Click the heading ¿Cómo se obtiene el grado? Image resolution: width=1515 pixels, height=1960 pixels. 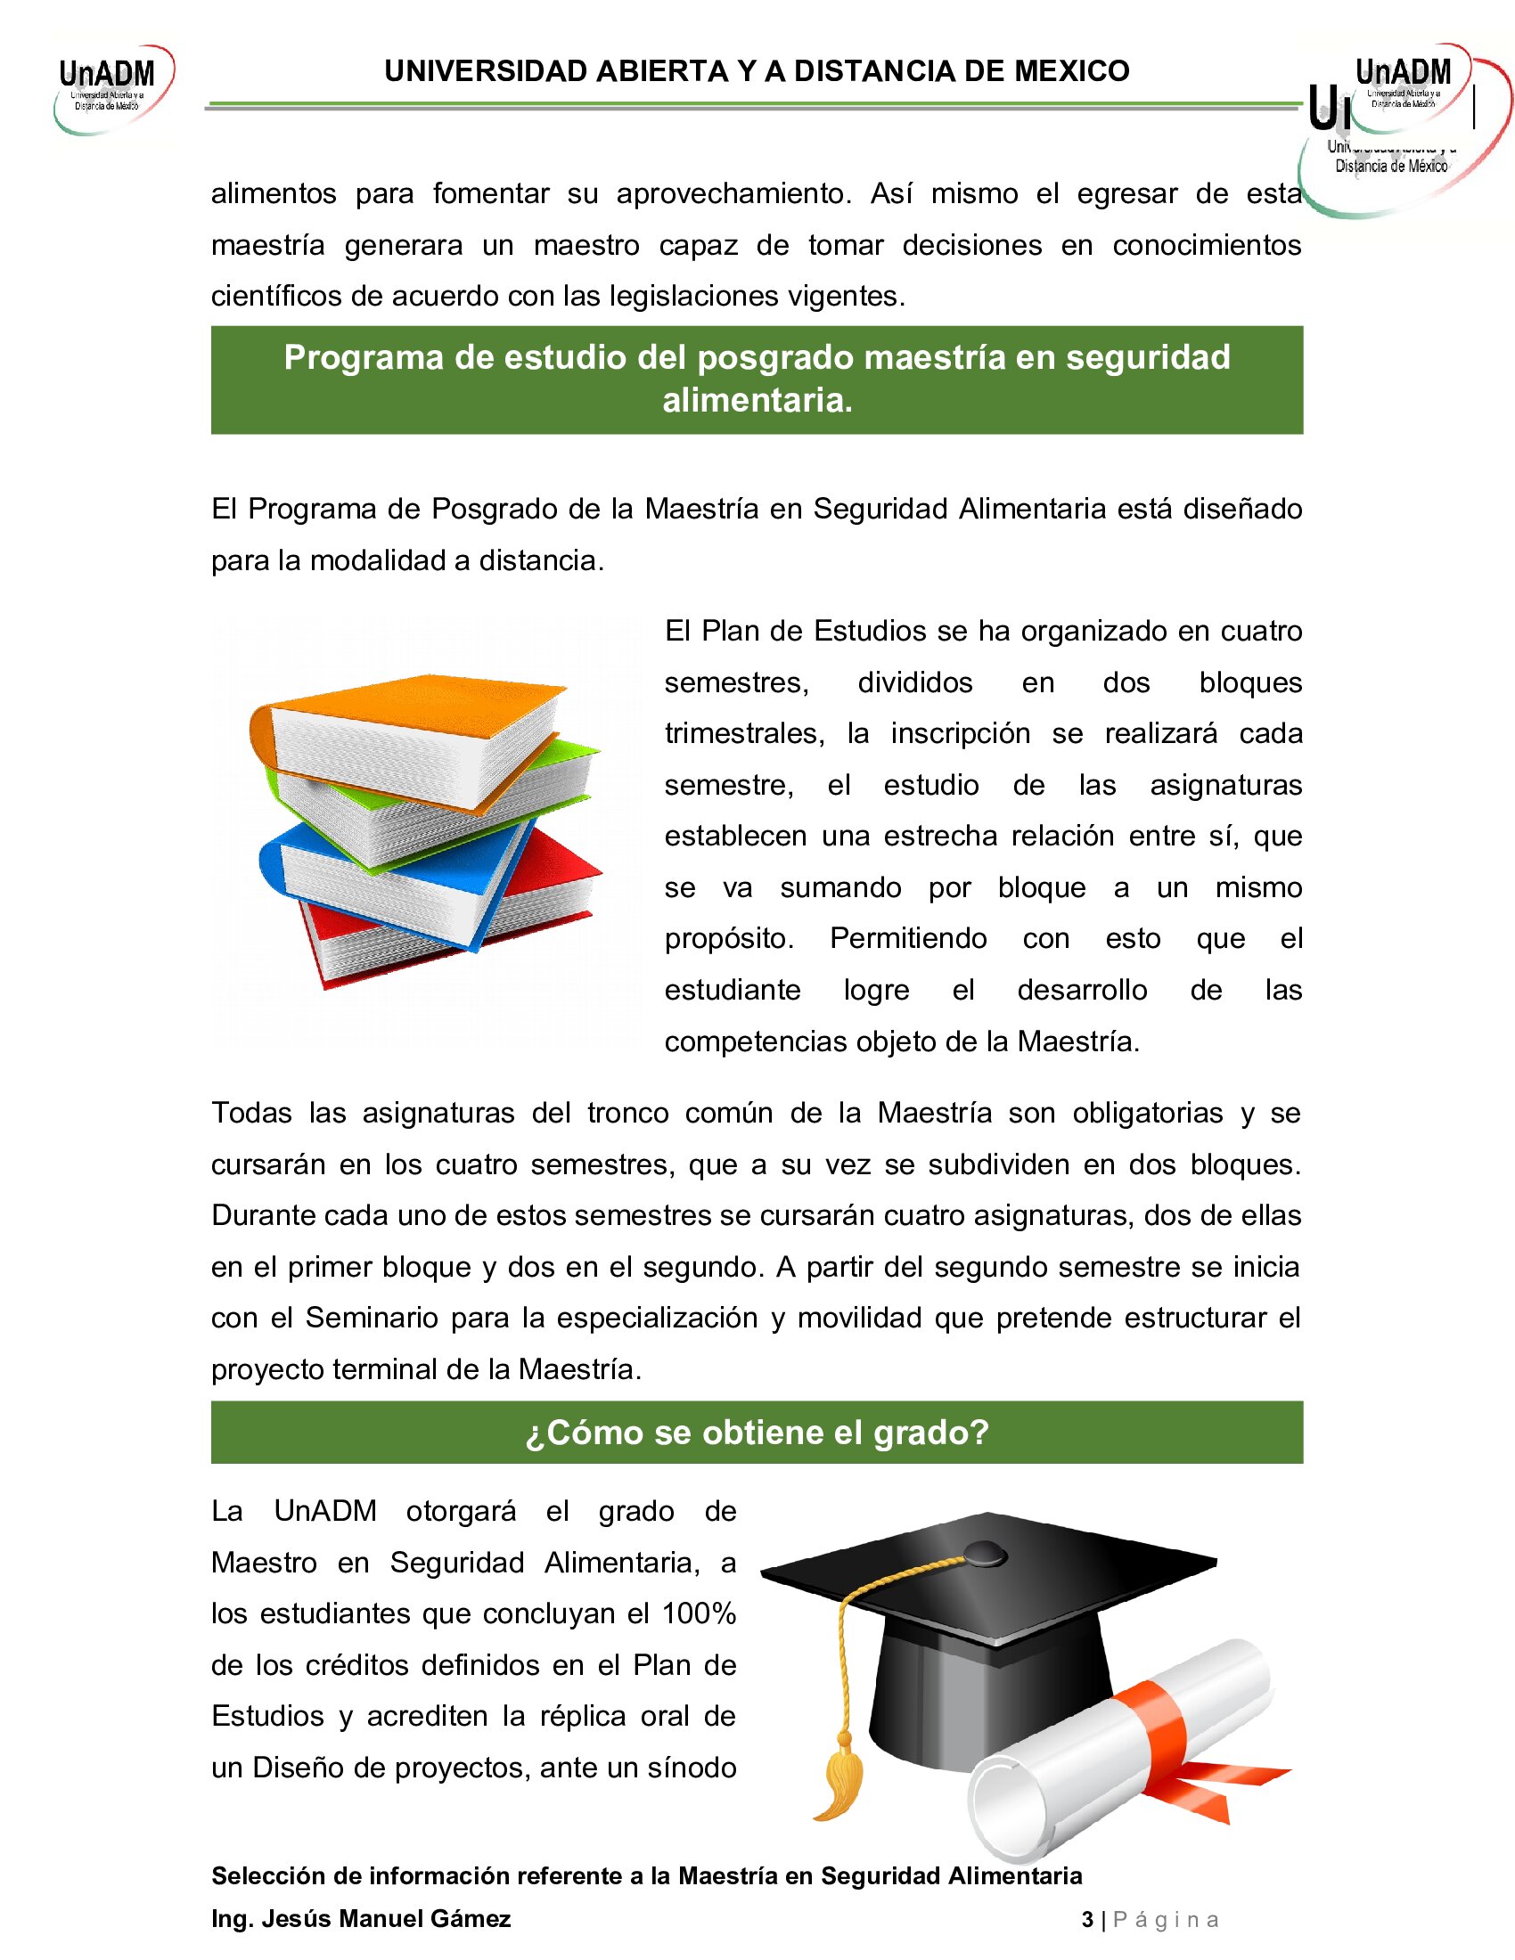click(757, 1433)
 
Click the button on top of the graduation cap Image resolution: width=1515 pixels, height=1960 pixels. click(985, 1552)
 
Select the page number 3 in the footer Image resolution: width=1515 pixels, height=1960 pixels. click(1087, 1920)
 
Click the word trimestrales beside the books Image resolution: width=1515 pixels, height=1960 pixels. click(744, 733)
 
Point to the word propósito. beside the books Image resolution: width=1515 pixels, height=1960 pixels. click(729, 939)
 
